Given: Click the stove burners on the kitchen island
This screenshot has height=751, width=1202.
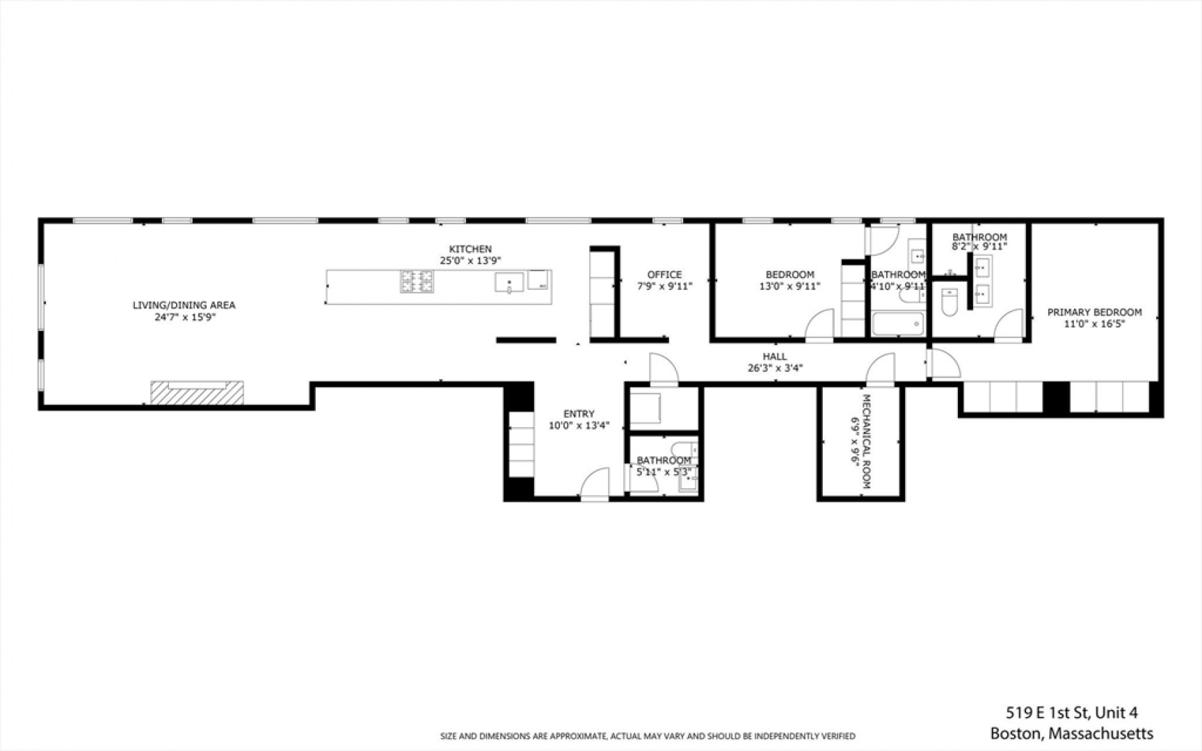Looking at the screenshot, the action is (x=417, y=282).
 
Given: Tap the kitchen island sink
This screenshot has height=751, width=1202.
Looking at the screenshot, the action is (x=509, y=282).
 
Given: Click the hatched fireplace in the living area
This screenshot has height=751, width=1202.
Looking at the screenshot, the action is (x=198, y=392).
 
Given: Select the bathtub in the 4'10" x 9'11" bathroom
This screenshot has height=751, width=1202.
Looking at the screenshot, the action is (x=898, y=324).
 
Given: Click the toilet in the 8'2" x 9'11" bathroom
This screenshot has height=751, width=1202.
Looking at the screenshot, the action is (x=949, y=302).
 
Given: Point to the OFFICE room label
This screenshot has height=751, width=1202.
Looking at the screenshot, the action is (x=664, y=275).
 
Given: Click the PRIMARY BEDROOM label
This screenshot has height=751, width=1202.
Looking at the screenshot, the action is (x=1094, y=312).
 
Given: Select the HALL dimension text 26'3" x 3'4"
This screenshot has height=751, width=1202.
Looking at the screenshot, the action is (x=775, y=368).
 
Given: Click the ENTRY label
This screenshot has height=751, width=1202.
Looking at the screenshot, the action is (x=579, y=414).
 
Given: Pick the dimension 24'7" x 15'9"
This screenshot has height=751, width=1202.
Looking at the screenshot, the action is (x=184, y=317).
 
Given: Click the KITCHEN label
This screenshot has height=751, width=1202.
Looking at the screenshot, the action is (x=470, y=249).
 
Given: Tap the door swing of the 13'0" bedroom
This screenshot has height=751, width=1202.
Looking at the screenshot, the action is (x=819, y=325).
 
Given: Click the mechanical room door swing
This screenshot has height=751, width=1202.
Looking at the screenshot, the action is (x=880, y=369).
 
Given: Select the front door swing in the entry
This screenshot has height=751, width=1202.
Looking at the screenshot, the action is (x=595, y=483).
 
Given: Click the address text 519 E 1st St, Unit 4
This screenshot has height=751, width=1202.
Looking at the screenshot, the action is (x=1072, y=713).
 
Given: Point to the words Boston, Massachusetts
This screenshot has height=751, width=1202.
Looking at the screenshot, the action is (x=1071, y=734).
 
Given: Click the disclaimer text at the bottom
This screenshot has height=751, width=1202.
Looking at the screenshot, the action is (x=648, y=736).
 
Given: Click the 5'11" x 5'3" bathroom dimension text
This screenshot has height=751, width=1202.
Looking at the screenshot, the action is (x=664, y=472).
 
